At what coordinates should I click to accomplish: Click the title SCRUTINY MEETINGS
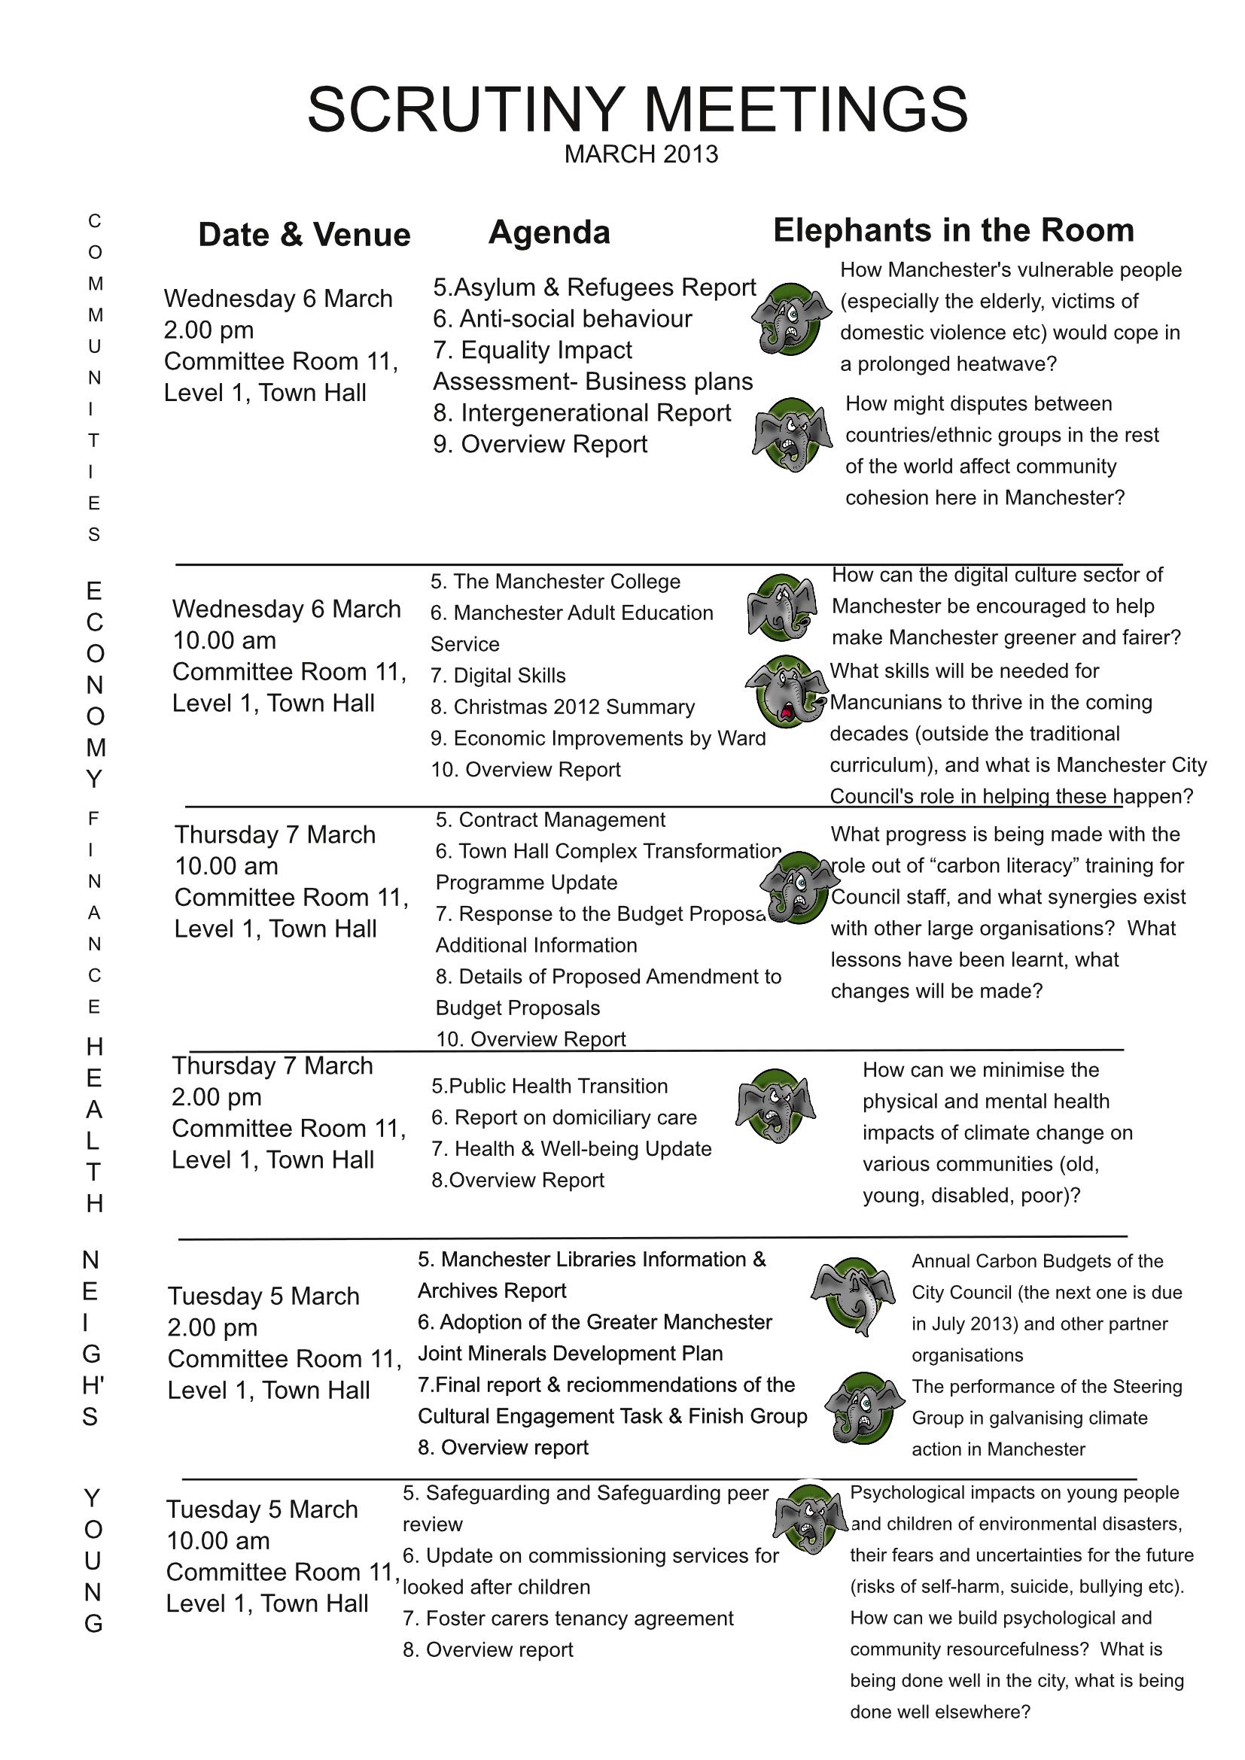coord(638,110)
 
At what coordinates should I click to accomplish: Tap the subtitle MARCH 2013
coord(641,155)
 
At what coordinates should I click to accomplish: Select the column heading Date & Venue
coord(304,235)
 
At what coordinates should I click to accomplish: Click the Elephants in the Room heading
coord(953,231)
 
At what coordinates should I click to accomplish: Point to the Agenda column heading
coord(549,233)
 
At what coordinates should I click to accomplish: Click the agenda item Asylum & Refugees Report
coord(594,287)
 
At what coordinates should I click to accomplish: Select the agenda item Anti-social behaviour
coord(563,319)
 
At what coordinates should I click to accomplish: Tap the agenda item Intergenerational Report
coord(582,413)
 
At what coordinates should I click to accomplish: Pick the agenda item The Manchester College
coord(555,582)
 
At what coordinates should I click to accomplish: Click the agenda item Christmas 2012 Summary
coord(563,707)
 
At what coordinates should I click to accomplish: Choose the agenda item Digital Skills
coord(498,675)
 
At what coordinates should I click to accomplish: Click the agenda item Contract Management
coord(550,820)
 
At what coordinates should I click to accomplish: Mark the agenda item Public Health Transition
coord(549,1087)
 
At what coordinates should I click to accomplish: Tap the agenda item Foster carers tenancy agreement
coord(568,1619)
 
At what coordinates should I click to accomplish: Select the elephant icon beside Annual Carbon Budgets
coord(852,1296)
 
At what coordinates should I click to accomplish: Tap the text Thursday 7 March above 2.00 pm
coord(272,1066)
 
